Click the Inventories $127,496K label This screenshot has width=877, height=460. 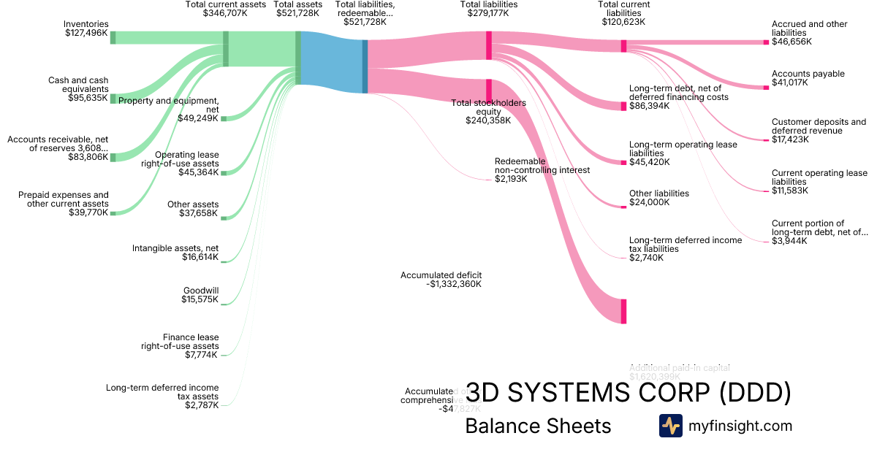point(86,28)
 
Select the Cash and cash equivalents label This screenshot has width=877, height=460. point(78,88)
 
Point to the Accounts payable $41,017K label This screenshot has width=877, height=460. point(808,78)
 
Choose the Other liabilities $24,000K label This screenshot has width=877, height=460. point(658,198)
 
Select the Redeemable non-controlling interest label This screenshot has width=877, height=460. point(542,169)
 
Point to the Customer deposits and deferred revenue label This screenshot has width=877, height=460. point(819,131)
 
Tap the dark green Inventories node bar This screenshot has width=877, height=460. point(113,38)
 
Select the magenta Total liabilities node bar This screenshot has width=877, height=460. point(489,40)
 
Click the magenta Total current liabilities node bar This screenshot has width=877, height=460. point(623,46)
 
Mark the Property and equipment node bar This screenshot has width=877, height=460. point(224,118)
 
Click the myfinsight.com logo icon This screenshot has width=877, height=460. point(670,426)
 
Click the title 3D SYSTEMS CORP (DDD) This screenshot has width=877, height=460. point(628,394)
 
